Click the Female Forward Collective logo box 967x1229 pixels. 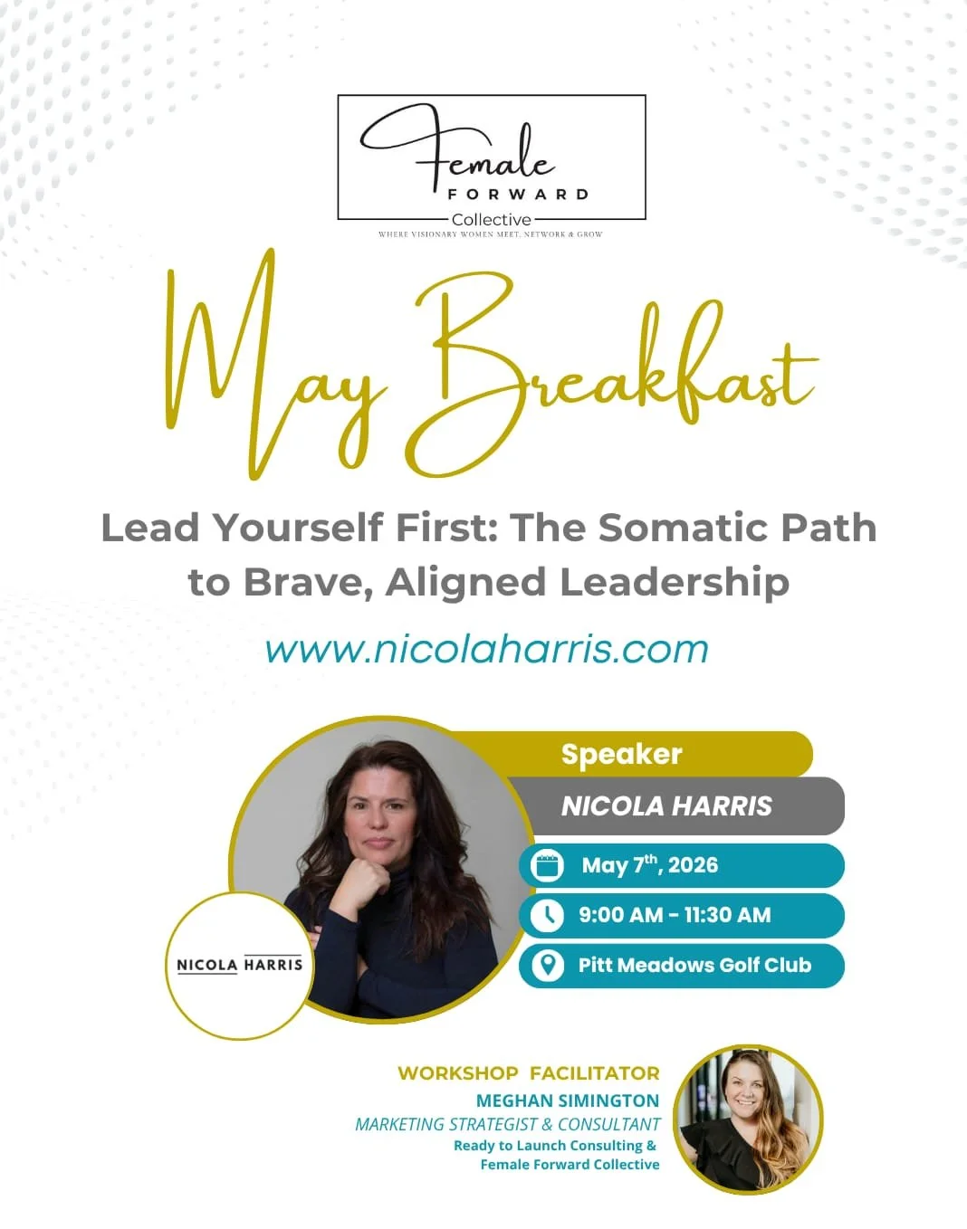(491, 157)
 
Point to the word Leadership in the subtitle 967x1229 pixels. (675, 582)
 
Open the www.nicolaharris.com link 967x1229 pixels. (486, 650)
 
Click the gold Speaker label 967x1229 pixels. (621, 754)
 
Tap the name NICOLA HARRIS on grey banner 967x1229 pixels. (666, 805)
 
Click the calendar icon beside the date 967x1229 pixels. (547, 865)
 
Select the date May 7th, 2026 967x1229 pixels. (649, 865)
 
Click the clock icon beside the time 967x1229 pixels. (547, 915)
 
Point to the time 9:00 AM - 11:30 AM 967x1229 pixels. (675, 915)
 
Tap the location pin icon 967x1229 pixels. (547, 965)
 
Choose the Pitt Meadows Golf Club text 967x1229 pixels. (694, 965)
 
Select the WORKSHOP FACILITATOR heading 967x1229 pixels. (528, 1073)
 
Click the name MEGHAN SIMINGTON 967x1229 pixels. (568, 1100)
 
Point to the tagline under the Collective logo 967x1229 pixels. (490, 234)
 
